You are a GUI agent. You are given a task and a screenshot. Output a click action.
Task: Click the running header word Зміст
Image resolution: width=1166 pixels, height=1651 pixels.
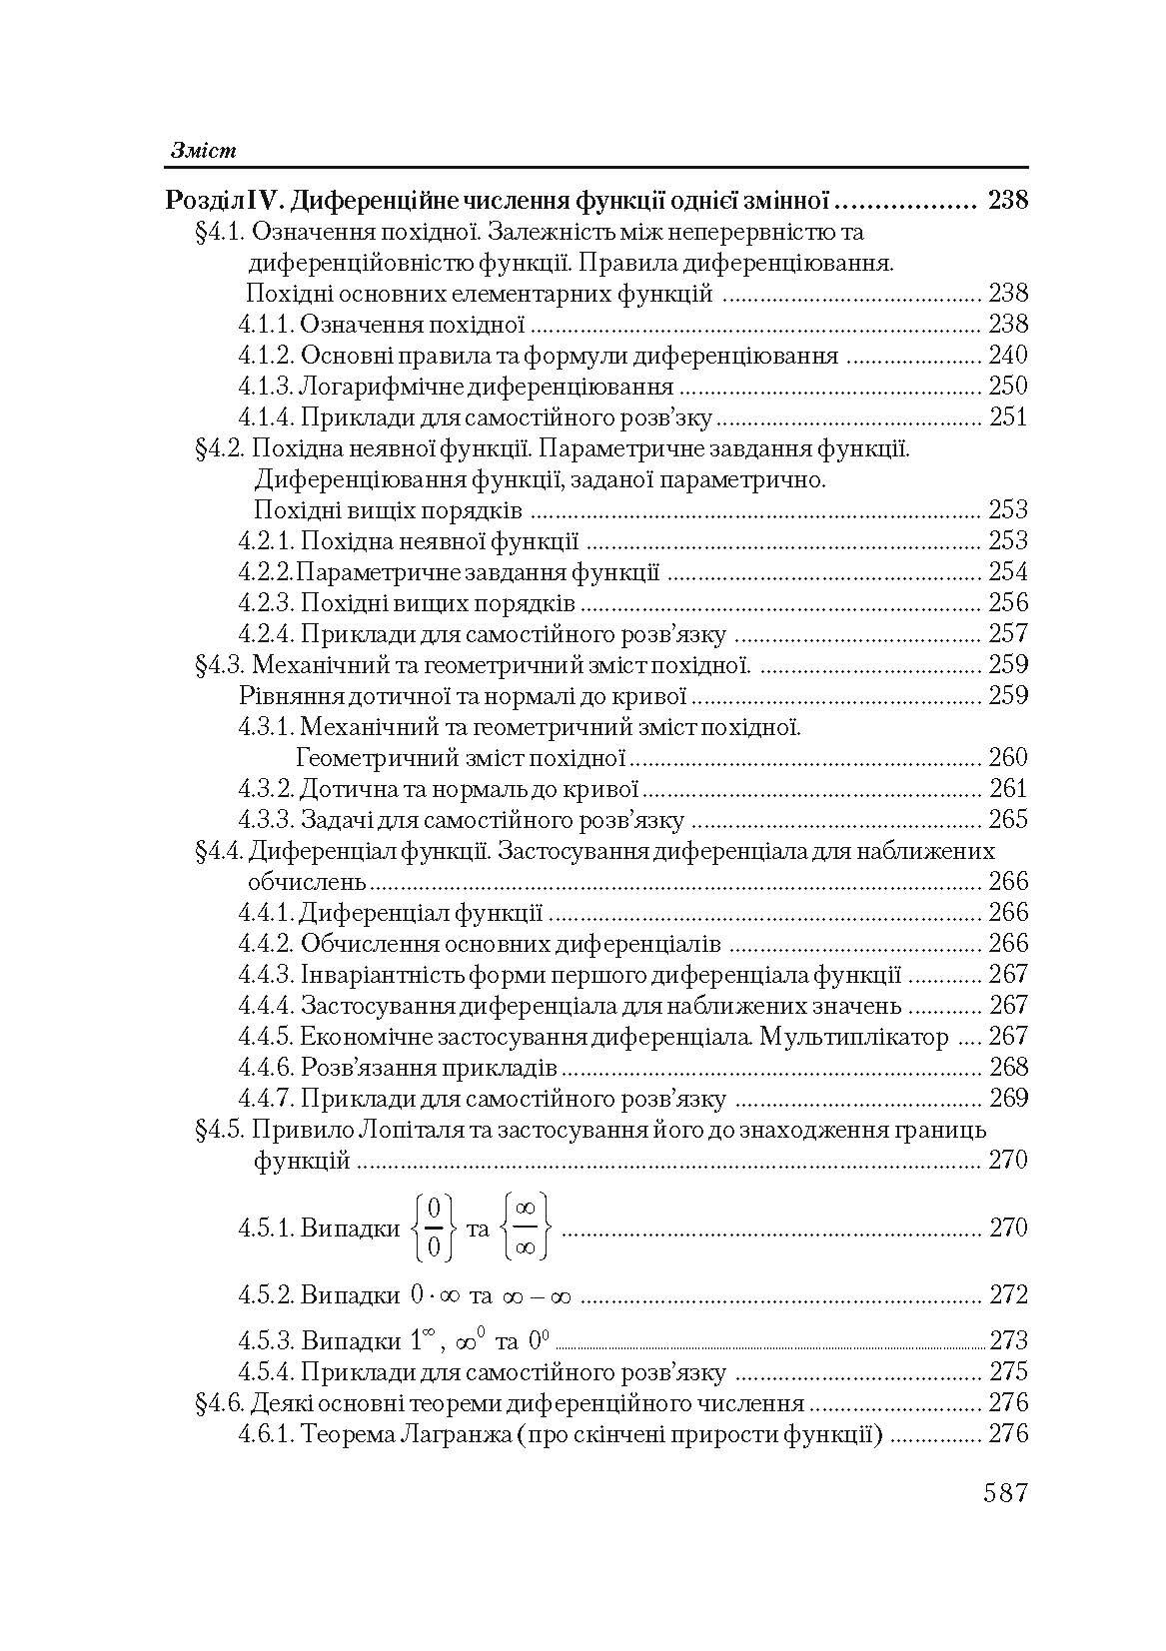pos(202,151)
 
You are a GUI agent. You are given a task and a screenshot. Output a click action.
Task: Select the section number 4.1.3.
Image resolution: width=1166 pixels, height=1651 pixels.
pos(266,387)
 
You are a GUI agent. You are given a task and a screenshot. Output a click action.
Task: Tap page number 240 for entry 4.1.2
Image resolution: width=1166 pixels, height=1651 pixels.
pos(1007,356)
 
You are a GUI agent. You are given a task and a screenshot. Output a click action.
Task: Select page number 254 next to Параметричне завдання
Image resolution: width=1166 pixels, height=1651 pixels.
pos(1007,572)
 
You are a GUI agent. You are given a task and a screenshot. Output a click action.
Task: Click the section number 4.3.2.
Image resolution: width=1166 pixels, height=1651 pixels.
pos(266,789)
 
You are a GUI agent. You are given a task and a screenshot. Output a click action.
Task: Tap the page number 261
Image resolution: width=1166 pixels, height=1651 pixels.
pos(1007,789)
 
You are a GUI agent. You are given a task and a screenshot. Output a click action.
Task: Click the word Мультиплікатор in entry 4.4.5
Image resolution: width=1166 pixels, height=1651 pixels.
pos(854,1037)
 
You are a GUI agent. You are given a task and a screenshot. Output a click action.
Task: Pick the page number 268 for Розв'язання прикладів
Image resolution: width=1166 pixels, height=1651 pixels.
pos(1007,1068)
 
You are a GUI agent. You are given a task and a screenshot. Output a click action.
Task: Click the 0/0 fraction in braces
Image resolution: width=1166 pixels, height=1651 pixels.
pos(434,1229)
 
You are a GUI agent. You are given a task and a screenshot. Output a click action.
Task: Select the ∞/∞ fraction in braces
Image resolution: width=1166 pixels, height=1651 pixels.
pos(527,1229)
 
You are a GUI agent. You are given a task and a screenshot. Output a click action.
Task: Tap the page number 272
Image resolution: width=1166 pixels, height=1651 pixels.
pos(1007,1295)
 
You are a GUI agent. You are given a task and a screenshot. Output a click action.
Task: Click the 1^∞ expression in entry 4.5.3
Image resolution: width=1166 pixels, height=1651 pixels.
pos(426,1339)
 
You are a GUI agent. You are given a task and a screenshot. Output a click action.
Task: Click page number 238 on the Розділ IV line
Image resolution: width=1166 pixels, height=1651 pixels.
pos(1007,201)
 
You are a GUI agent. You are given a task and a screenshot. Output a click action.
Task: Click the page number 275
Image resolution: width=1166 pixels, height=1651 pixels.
pos(1007,1372)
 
